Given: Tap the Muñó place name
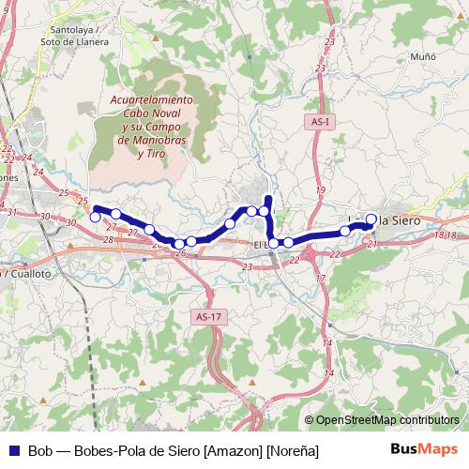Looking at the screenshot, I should pyautogui.click(x=423, y=56).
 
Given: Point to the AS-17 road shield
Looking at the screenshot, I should pyautogui.click(x=208, y=317).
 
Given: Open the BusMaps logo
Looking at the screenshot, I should pyautogui.click(x=424, y=450).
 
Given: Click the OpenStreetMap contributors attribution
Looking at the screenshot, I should pyautogui.click(x=387, y=420).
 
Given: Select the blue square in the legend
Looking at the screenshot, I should pyautogui.click(x=13, y=451).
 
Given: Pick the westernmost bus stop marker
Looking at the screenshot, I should pyautogui.click(x=95, y=218).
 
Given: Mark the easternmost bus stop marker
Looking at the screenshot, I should pyautogui.click(x=371, y=219).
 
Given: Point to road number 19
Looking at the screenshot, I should pyautogui.click(x=320, y=190).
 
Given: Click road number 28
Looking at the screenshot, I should pyautogui.click(x=109, y=241).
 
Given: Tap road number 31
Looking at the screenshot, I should pyautogui.click(x=12, y=213).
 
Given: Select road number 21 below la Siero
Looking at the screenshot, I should pyautogui.click(x=372, y=244).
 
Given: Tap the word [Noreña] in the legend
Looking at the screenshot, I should pyautogui.click(x=292, y=451).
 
